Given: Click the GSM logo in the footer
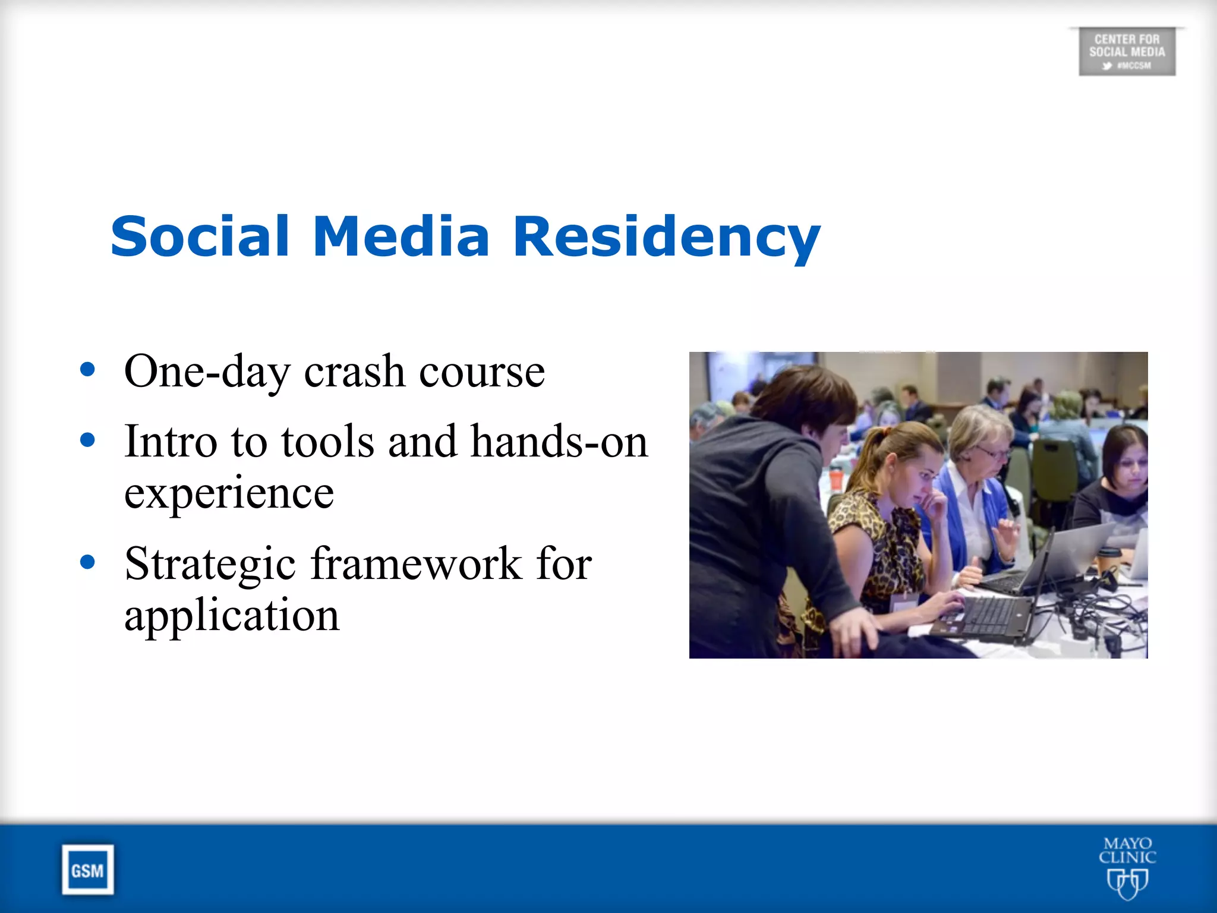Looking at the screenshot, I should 87,870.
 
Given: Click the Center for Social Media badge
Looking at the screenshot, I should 1127,52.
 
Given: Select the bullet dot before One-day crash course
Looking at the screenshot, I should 87,370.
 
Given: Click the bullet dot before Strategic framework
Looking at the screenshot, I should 87,562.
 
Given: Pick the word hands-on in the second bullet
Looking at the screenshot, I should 559,442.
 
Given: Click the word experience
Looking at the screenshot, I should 229,493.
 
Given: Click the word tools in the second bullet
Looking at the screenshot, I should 327,442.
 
